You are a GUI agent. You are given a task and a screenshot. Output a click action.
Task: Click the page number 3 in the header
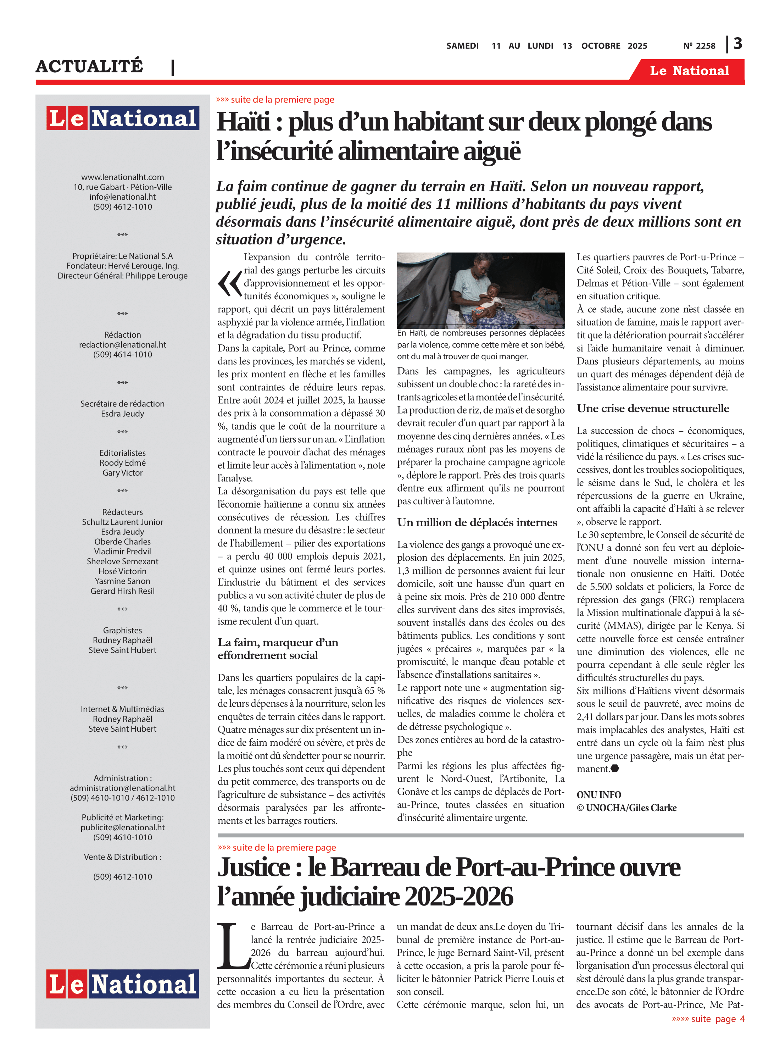[737, 44]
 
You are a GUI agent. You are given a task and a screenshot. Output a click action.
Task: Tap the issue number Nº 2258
[699, 46]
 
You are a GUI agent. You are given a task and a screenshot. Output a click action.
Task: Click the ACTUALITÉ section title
[89, 66]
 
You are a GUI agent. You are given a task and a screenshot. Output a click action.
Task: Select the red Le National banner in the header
[689, 71]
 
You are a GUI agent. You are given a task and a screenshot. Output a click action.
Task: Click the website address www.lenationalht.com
[122, 177]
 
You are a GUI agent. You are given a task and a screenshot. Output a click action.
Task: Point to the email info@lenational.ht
[122, 197]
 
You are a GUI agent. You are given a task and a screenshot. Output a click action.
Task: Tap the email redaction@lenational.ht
[122, 345]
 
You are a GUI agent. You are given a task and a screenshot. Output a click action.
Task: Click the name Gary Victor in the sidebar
[122, 473]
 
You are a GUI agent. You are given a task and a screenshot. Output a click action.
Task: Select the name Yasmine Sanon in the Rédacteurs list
[122, 581]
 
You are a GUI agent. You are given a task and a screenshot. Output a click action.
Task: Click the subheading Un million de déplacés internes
[477, 522]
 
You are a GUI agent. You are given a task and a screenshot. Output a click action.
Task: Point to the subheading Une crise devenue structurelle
[652, 409]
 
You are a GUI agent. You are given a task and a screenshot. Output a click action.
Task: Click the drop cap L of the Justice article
[233, 944]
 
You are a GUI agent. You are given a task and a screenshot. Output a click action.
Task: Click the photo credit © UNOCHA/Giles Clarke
[626, 808]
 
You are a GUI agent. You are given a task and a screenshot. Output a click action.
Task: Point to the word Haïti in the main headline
[243, 122]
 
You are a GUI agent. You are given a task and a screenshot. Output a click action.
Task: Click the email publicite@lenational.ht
[122, 827]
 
